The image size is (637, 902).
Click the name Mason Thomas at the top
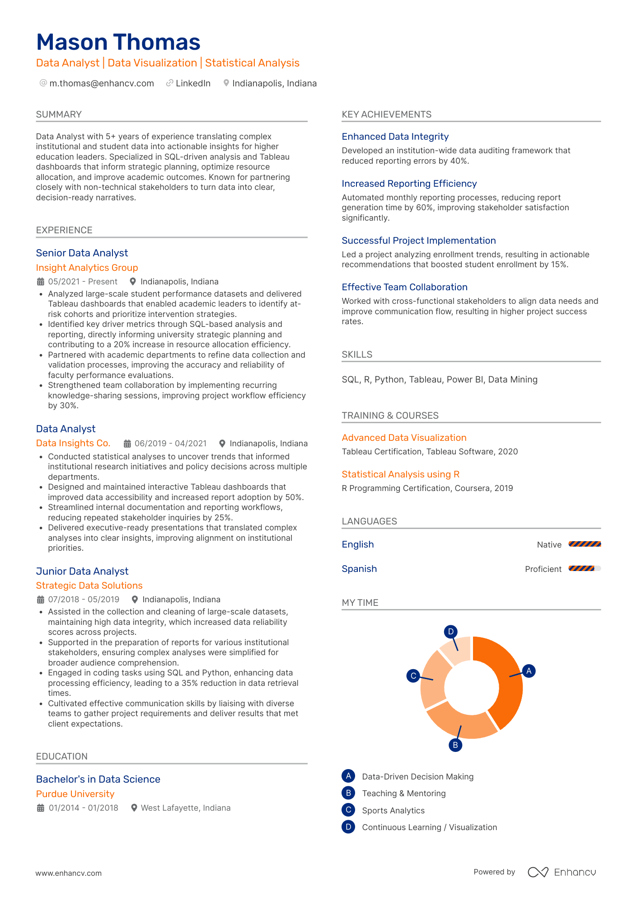pos(118,42)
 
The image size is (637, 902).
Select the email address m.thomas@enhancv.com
pos(101,83)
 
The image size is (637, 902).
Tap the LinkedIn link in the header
pos(192,83)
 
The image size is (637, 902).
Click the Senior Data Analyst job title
pos(82,253)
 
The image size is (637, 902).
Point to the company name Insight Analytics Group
pos(87,268)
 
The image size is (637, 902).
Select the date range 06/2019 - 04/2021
pos(170,444)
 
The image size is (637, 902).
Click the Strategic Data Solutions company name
pos(89,586)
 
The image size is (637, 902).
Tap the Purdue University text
pos(75,794)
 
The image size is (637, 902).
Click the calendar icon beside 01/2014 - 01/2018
pos(41,808)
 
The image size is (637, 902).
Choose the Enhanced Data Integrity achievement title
pos(395,137)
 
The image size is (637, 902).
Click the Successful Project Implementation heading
pos(418,241)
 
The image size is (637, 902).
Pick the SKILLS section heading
pos(357,354)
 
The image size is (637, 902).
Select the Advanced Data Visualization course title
pos(403,438)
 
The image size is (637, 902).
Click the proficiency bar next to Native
pos(584,544)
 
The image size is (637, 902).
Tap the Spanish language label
pos(359,569)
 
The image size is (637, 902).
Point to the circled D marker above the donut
pos(450,632)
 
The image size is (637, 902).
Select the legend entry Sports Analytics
pos(393,811)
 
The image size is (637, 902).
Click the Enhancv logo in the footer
pos(562,872)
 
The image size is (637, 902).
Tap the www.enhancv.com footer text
pos(69,873)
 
